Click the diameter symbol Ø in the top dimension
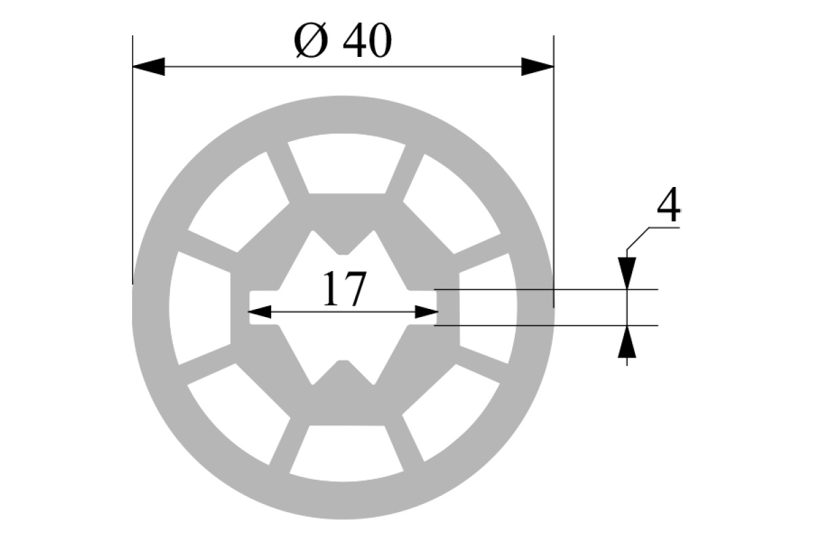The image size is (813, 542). pos(311,40)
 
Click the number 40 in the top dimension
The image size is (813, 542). pos(367,40)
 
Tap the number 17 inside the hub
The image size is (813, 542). pos(344,289)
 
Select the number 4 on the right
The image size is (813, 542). pos(669,204)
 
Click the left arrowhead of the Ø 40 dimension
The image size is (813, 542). pos(149,67)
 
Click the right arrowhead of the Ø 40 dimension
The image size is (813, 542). pos(537,67)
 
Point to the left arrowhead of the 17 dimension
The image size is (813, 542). pos(259,312)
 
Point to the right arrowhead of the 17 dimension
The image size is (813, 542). pos(426,312)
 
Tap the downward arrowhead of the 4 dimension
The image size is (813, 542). pos(627,273)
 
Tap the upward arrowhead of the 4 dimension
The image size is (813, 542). pos(627,341)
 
